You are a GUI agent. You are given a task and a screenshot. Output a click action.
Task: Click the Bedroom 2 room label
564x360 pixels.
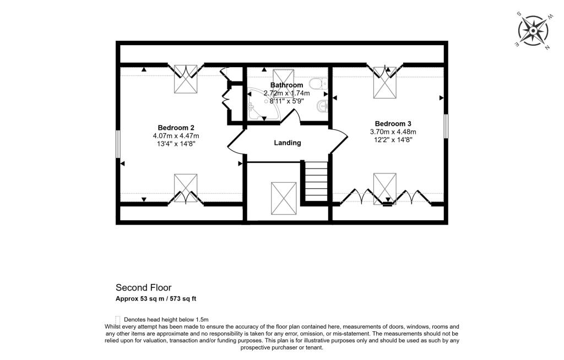[x=175, y=127]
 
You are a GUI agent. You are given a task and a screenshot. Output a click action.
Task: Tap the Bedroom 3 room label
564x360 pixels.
[x=393, y=123]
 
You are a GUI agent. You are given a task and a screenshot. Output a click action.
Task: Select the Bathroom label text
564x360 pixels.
[x=286, y=85]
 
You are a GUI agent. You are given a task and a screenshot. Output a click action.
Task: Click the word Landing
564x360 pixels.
[x=288, y=143]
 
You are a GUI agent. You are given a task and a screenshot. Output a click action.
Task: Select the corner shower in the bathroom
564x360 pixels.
[x=261, y=105]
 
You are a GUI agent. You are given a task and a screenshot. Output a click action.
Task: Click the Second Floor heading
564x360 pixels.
[x=143, y=287]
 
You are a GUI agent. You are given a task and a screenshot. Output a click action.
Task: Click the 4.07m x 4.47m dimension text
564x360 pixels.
[x=176, y=135]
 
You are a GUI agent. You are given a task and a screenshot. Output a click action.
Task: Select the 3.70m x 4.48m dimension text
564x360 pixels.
[x=393, y=132]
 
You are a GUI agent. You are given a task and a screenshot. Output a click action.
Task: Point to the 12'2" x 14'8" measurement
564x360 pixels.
[x=393, y=140]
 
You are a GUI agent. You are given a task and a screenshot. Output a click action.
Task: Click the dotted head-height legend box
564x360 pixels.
[x=118, y=319]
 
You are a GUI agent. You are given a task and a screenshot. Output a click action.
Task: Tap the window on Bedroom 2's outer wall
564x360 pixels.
[x=118, y=145]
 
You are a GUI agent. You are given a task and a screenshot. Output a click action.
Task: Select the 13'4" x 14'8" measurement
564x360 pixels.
[x=176, y=144]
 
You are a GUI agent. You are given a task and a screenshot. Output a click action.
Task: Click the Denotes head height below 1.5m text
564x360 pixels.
[x=166, y=319]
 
